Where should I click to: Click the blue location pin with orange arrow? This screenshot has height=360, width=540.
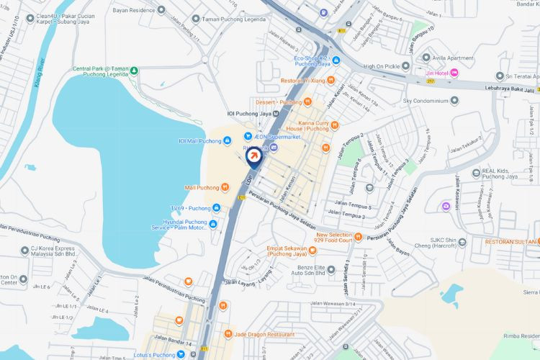pyautogui.click(x=254, y=156)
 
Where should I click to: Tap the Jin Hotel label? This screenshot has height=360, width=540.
pyautogui.click(x=436, y=73)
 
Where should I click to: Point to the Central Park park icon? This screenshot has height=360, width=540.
pyautogui.click(x=134, y=70)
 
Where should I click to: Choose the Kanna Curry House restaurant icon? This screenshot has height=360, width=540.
pyautogui.click(x=334, y=127)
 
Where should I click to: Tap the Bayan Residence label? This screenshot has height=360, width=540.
pyautogui.click(x=133, y=10)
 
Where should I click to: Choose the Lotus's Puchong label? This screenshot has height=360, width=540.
pyautogui.click(x=152, y=354)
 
